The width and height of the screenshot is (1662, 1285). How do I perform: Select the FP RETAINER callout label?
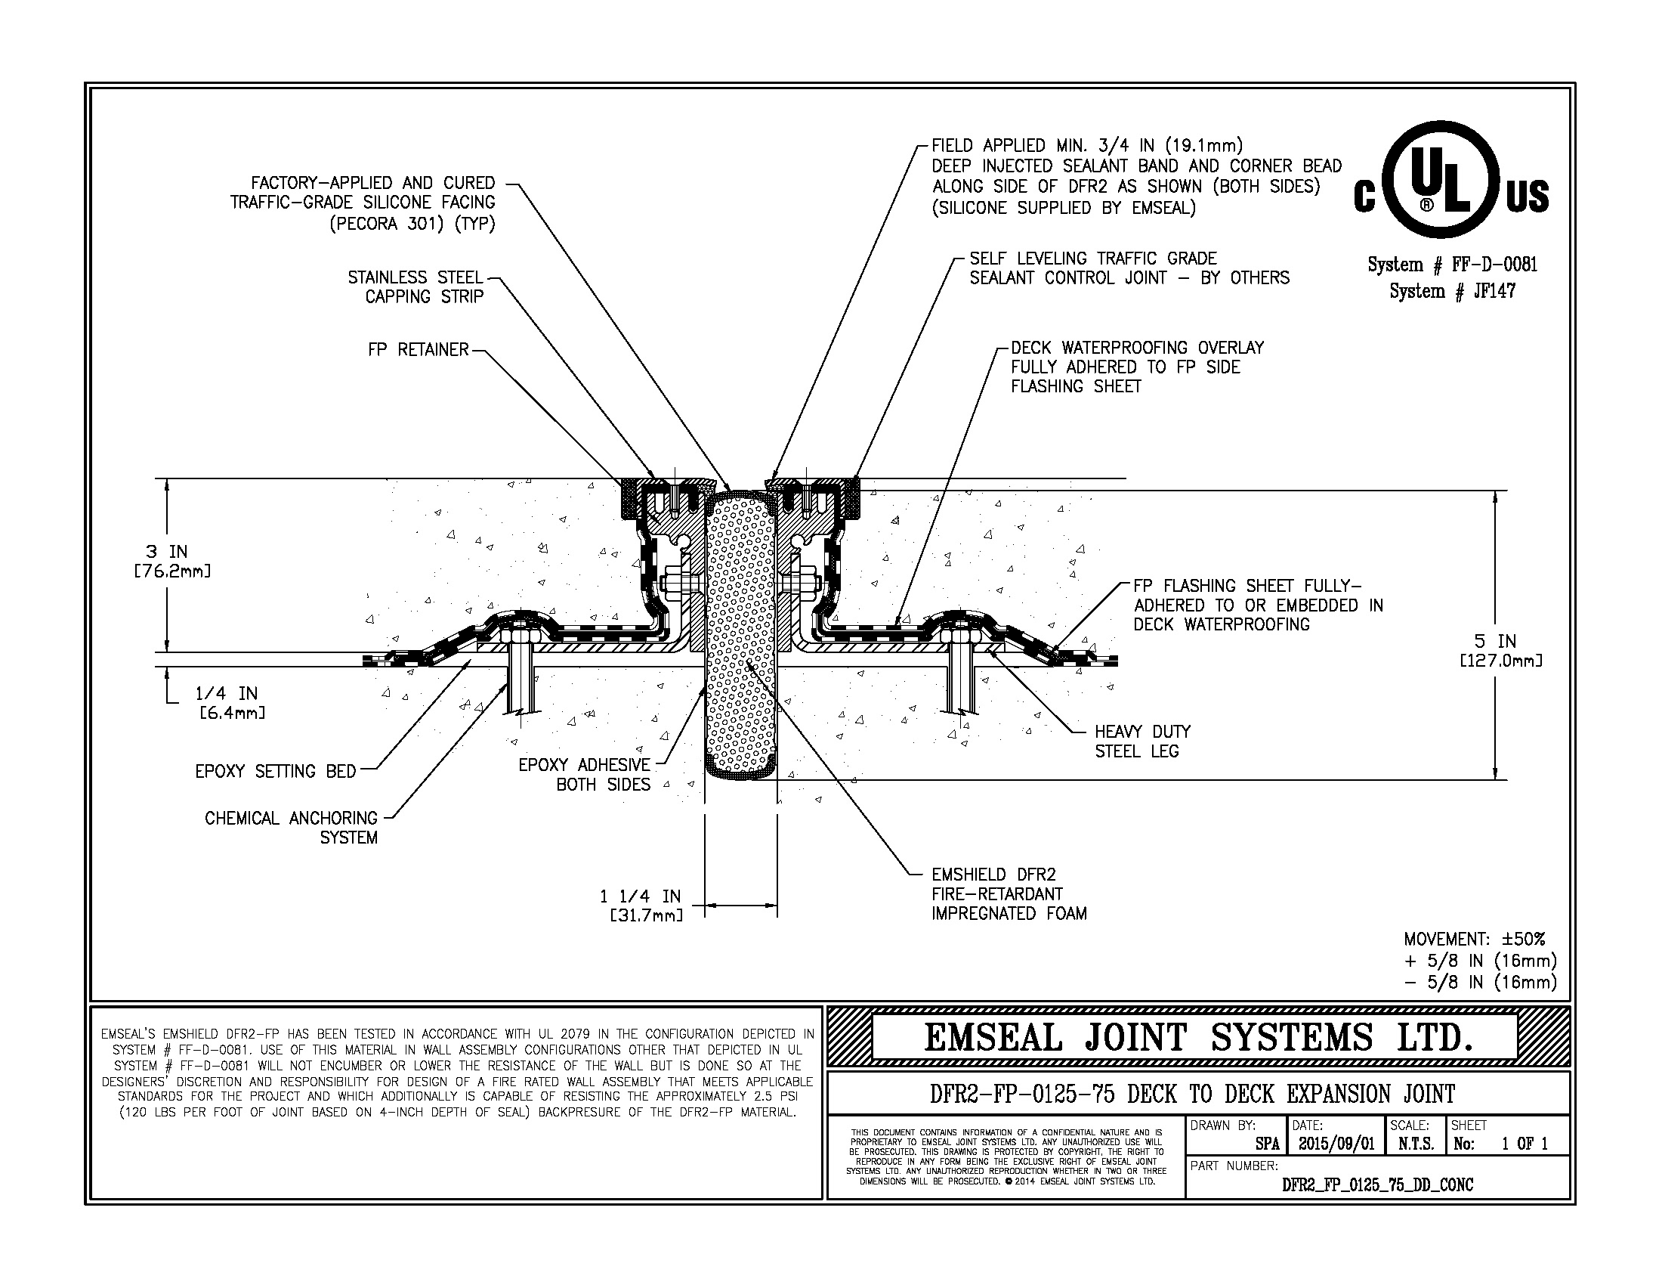click(418, 350)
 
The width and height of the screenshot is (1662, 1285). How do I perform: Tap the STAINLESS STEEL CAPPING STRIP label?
click(415, 287)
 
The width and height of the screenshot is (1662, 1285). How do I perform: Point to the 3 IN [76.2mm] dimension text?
click(172, 560)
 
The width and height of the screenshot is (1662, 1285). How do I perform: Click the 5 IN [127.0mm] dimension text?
click(1500, 651)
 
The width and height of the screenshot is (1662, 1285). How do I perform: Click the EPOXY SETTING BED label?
click(276, 771)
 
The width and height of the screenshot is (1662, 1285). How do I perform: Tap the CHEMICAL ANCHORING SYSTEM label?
click(292, 828)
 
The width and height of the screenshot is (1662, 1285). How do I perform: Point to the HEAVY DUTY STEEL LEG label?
click(1141, 742)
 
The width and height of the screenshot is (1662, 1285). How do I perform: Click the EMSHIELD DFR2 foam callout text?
click(1008, 894)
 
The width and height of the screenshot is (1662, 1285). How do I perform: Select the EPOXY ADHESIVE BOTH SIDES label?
click(585, 775)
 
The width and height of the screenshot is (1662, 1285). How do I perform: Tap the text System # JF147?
click(1452, 292)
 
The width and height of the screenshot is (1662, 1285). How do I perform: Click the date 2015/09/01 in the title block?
click(1336, 1144)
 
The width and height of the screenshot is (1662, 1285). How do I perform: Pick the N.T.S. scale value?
click(1416, 1144)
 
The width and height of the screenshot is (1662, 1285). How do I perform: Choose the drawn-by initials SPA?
click(1266, 1144)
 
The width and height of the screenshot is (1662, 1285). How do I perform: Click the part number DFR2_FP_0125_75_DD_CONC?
click(1377, 1184)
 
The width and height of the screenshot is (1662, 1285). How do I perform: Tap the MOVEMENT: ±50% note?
click(1474, 940)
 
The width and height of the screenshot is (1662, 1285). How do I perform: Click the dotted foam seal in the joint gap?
click(740, 632)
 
